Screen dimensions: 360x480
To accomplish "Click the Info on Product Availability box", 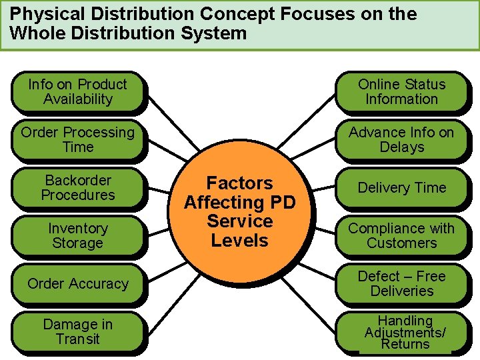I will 77,92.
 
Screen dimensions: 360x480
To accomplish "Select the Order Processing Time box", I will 77,140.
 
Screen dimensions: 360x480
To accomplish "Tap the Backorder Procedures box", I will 77,188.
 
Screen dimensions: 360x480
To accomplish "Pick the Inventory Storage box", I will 77,236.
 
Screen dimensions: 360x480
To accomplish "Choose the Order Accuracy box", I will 77,284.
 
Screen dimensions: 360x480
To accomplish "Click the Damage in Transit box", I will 77,332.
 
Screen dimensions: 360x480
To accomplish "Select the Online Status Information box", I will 401,92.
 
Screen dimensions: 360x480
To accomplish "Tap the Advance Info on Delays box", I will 401,140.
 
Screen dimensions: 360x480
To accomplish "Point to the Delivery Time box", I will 401,188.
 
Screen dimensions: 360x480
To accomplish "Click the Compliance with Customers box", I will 401,236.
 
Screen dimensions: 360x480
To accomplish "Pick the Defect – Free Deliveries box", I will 401,284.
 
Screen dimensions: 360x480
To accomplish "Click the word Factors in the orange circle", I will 239,183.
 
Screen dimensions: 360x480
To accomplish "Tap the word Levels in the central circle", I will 239,240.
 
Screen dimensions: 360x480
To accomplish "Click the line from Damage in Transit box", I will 167,310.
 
